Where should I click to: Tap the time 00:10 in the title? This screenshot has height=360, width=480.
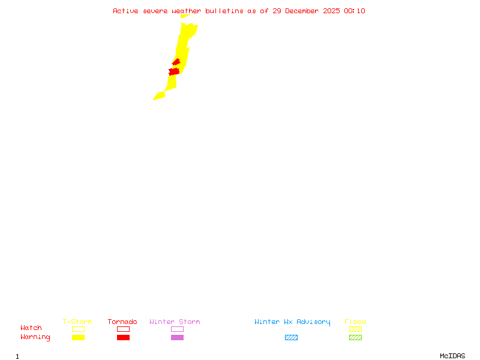(x=355, y=11)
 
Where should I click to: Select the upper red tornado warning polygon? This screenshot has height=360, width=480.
(x=176, y=61)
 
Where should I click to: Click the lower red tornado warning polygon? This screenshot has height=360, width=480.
(x=174, y=71)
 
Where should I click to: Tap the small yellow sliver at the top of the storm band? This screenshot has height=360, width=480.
(x=185, y=16)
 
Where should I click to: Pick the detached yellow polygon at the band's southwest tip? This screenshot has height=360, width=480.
(x=159, y=96)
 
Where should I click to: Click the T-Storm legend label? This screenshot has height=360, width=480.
(x=77, y=322)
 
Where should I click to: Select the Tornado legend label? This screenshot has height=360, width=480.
(x=122, y=322)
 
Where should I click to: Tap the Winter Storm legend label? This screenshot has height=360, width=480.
(x=175, y=322)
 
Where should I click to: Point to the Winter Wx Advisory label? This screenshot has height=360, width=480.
(x=292, y=322)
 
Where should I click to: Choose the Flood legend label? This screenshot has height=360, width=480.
(x=355, y=322)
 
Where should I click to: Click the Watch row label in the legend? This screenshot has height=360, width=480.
(x=31, y=328)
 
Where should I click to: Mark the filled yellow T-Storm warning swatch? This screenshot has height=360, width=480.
(x=78, y=338)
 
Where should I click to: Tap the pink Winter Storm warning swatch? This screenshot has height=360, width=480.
(x=177, y=338)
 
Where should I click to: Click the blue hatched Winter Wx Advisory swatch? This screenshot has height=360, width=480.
(x=291, y=338)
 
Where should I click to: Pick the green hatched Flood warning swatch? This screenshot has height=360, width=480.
(x=355, y=338)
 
